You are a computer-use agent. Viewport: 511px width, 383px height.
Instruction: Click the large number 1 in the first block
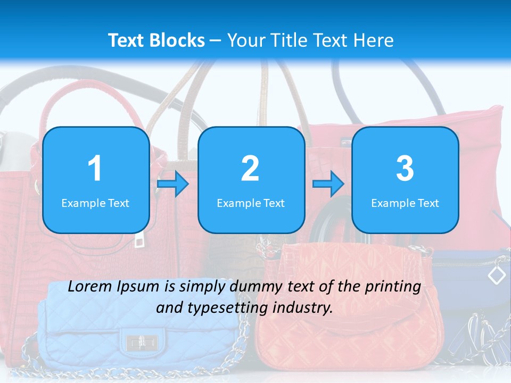tap(95, 169)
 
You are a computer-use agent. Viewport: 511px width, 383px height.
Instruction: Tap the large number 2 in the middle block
tap(250, 169)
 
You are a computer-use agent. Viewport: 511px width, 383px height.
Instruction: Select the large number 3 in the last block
tap(405, 169)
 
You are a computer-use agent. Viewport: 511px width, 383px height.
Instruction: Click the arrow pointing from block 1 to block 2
tap(173, 185)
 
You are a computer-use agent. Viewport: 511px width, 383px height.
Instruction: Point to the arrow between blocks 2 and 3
tap(328, 184)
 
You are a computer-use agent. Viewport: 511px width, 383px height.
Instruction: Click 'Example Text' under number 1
tap(95, 203)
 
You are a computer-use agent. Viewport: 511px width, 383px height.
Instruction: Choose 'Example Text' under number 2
tap(251, 203)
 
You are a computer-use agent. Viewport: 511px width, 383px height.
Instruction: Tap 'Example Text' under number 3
tap(405, 203)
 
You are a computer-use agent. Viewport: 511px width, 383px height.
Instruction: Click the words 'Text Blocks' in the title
tap(156, 40)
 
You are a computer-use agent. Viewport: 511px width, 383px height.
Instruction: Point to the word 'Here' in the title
tap(374, 40)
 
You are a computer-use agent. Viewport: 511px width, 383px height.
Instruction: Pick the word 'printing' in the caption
tap(392, 287)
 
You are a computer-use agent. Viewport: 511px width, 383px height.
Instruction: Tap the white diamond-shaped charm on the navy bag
tap(497, 274)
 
